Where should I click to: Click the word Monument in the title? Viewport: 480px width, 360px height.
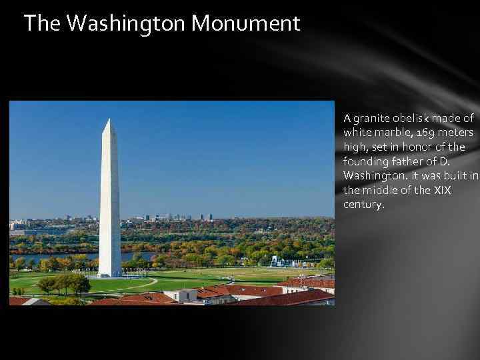tap(245, 24)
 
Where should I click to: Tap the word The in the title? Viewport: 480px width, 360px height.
tap(44, 24)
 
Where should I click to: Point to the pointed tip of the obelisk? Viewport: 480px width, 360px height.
tap(109, 120)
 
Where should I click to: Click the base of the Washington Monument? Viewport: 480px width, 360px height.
tap(109, 273)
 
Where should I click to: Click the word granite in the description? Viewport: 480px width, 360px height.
tap(372, 119)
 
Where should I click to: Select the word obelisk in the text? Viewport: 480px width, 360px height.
tap(415, 119)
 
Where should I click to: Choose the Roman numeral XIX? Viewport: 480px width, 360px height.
tap(441, 190)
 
